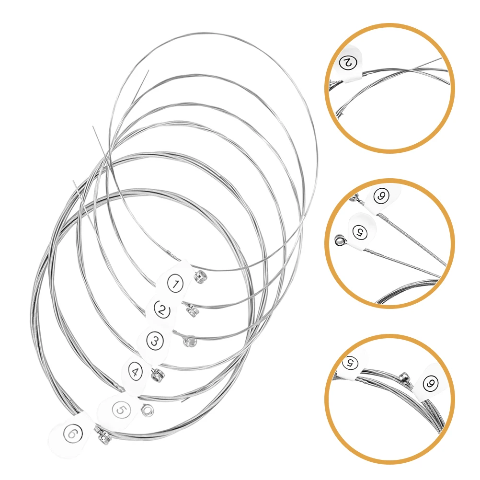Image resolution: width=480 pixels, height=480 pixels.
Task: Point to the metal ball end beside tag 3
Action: [x=188, y=342]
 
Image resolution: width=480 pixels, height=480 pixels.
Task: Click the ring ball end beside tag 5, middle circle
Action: [x=340, y=240]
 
